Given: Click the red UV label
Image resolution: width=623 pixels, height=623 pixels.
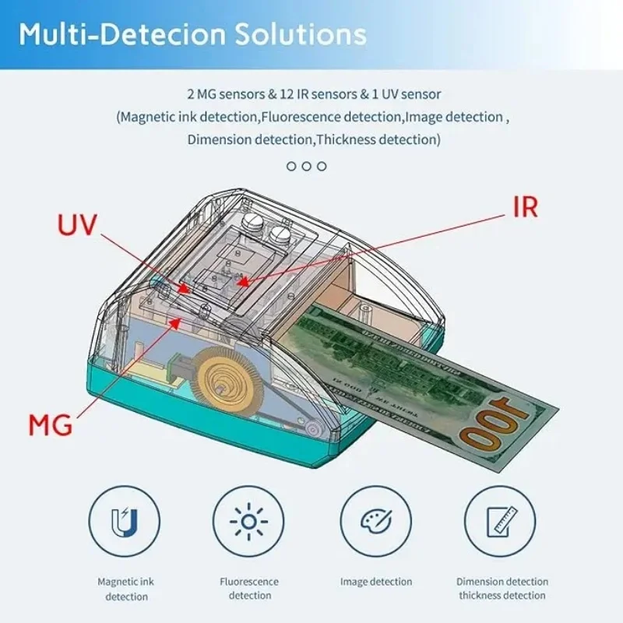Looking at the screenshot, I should click(78, 225).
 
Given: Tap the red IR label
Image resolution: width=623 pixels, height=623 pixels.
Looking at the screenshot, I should click(525, 206).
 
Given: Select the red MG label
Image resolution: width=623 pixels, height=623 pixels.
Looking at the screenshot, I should click(51, 425).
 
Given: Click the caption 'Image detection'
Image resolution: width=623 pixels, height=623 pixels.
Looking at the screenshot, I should click(376, 582).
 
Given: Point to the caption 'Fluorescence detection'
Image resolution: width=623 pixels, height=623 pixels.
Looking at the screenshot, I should click(249, 589).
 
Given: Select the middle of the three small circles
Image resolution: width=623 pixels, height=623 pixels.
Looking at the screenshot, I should click(307, 166).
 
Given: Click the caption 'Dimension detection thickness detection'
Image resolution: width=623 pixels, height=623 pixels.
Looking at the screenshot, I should click(502, 589).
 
